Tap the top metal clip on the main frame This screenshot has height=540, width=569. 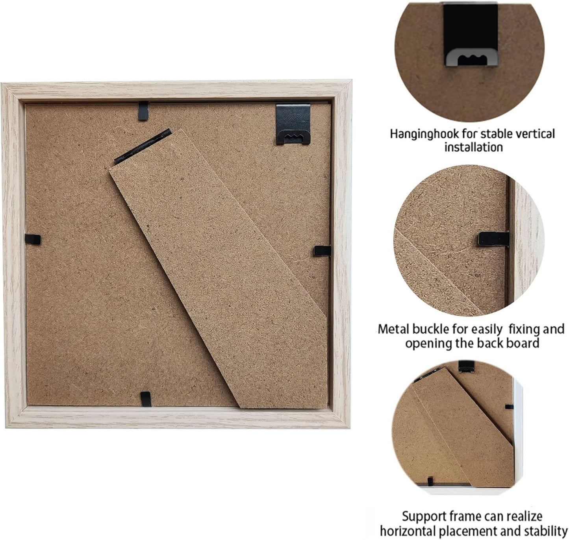143,111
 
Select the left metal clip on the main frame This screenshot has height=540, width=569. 33,239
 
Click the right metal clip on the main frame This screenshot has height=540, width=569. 322,251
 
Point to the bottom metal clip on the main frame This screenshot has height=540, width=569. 146,399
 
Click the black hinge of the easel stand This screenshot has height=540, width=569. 143,146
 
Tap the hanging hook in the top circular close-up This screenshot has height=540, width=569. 470,35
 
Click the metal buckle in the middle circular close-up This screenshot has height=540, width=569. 493,239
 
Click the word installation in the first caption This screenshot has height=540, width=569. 473,147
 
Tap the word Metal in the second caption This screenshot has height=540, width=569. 393,329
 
